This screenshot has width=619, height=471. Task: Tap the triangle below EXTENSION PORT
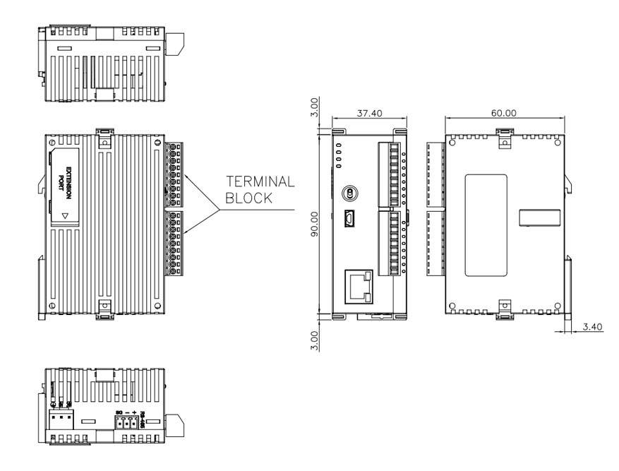pos(66,217)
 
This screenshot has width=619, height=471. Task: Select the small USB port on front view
pos(349,220)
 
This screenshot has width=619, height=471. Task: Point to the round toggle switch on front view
pos(348,193)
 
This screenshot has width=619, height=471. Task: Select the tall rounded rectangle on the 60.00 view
pos(486,224)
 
